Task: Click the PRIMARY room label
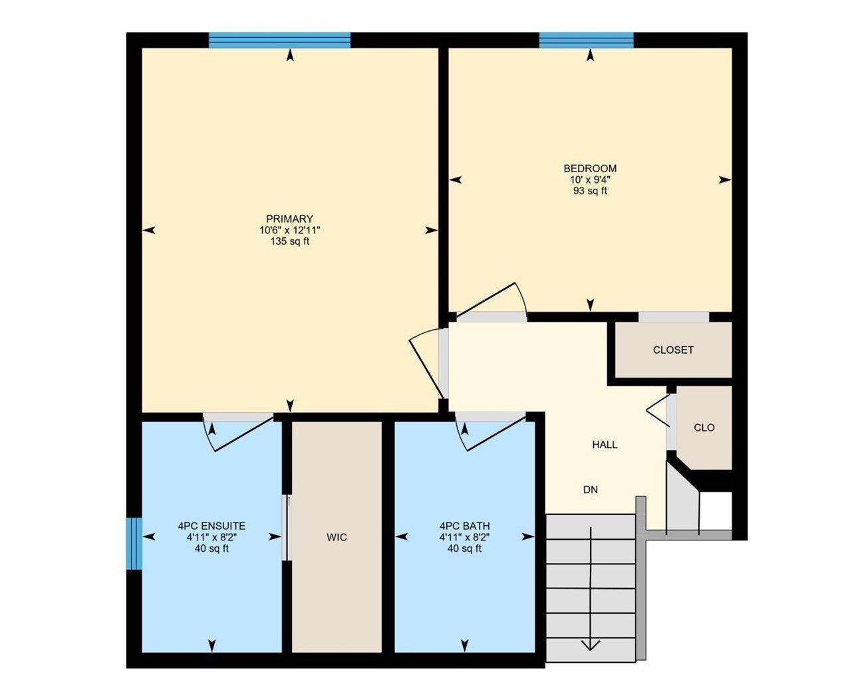click(x=289, y=219)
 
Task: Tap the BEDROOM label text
click(x=590, y=168)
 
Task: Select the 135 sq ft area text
click(x=289, y=241)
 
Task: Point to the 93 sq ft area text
click(x=590, y=191)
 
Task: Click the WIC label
click(x=337, y=537)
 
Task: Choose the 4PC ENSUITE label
click(x=212, y=525)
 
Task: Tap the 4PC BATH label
click(x=464, y=525)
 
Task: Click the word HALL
click(x=605, y=445)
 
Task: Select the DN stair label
click(x=591, y=490)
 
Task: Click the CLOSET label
click(x=673, y=350)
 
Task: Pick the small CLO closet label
click(x=704, y=427)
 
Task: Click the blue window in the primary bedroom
click(x=279, y=41)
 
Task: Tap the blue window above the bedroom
click(x=586, y=41)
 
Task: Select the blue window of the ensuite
click(x=134, y=543)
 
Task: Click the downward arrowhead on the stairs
click(x=591, y=644)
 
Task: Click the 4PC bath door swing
click(x=492, y=432)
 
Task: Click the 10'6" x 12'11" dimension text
click(x=289, y=230)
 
